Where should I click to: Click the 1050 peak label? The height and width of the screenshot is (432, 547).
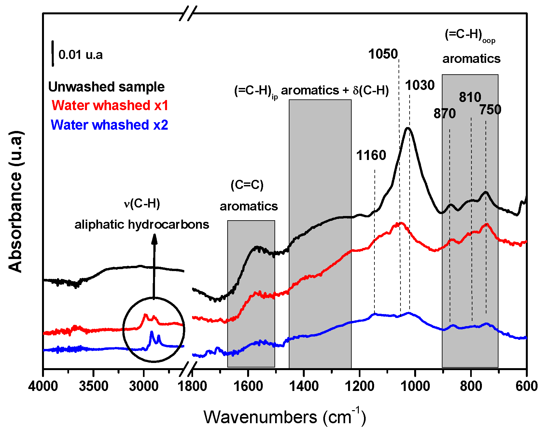coord(383,54)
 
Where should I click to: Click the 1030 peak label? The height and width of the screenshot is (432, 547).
coord(420,85)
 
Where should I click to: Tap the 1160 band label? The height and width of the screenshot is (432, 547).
coord(371,155)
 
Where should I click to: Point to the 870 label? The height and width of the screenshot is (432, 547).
coord(444,114)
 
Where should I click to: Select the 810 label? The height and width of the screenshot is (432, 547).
coord(470,97)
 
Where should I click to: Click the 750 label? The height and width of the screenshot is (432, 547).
coord(490,110)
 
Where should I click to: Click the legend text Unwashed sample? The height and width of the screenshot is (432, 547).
coord(106,87)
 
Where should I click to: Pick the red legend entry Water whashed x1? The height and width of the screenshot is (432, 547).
coord(110,106)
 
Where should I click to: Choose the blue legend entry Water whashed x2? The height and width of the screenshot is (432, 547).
coord(109,125)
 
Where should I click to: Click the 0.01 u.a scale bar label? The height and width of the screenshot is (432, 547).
coord(80,55)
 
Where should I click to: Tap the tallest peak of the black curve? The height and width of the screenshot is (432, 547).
coord(408,128)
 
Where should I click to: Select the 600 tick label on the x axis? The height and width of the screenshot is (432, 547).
coord(526,386)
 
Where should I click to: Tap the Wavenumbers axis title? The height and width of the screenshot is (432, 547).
coord(284,417)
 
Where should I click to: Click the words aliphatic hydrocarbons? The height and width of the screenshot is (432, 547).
coord(142,224)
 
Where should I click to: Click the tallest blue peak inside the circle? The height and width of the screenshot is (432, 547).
coord(151,332)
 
